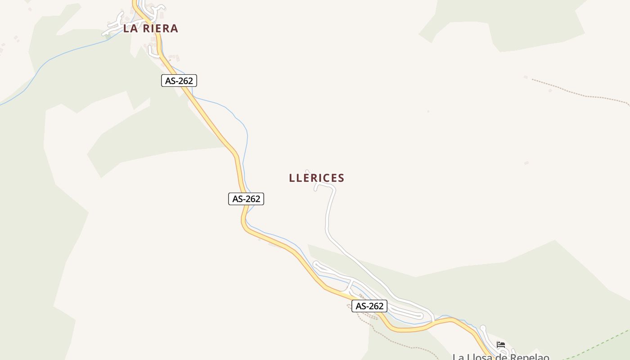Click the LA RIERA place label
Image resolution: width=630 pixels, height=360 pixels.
click(x=151, y=28)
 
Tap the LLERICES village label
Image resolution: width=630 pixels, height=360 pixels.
click(x=316, y=178)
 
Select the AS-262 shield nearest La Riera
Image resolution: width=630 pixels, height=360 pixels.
click(x=179, y=81)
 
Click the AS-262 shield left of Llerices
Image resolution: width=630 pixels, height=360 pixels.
click(x=246, y=198)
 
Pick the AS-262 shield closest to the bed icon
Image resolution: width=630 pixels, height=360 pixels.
click(x=369, y=306)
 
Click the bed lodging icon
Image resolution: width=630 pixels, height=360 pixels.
click(x=501, y=345)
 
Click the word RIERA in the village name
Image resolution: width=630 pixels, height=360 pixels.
click(x=160, y=28)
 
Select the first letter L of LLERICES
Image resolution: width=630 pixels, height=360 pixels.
click(x=292, y=178)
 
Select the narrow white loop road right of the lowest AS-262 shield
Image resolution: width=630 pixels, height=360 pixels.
click(x=407, y=312)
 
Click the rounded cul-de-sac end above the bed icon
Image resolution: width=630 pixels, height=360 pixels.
click(x=483, y=328)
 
